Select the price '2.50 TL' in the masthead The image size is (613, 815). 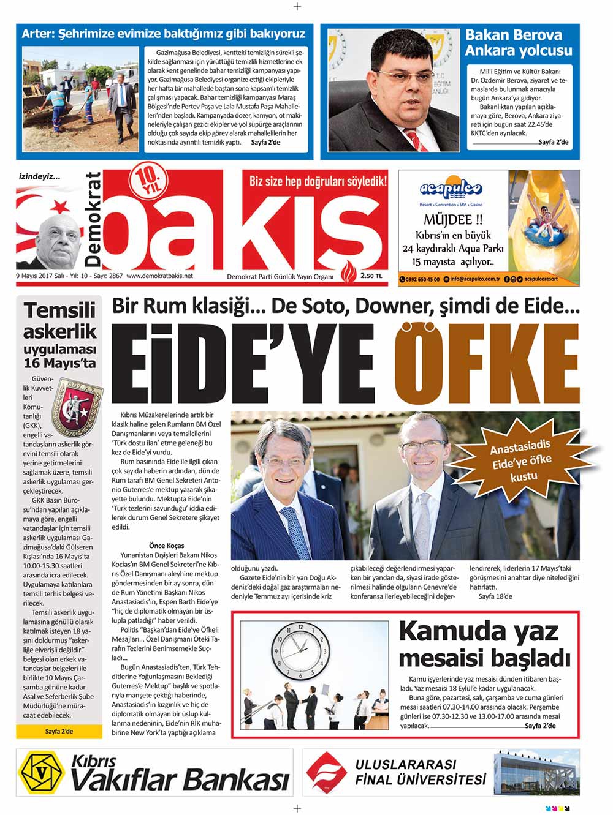pyautogui.click(x=371, y=276)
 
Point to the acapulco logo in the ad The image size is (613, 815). pyautogui.click(x=451, y=189)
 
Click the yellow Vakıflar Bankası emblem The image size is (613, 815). pyautogui.click(x=42, y=773)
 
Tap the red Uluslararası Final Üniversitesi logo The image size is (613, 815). pyautogui.click(x=327, y=773)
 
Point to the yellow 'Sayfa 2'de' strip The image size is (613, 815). pyautogui.click(x=59, y=731)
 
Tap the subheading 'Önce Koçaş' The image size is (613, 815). pyautogui.click(x=166, y=546)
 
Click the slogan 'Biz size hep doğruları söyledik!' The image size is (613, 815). pyautogui.click(x=318, y=181)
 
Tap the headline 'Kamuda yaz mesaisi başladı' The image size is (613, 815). pyautogui.click(x=484, y=644)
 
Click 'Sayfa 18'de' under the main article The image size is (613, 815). pyautogui.click(x=495, y=596)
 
